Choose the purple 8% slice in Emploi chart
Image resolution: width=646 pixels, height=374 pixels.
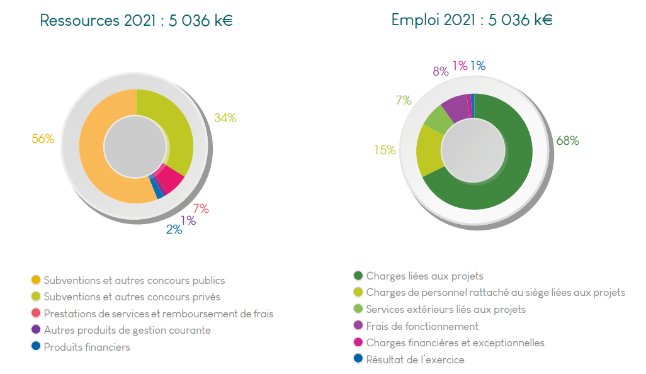tap(455, 107)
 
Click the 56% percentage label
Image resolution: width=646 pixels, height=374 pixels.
tap(43, 139)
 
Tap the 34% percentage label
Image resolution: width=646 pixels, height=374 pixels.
tap(225, 118)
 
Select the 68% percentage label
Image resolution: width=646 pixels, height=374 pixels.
tap(567, 141)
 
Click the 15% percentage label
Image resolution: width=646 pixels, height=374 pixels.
tap(385, 150)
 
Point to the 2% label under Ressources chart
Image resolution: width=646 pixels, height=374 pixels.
tap(174, 230)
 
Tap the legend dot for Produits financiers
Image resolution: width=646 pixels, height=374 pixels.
tap(36, 346)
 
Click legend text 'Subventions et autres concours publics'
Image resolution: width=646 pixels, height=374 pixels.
tap(134, 280)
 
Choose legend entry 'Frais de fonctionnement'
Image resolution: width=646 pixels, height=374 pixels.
tap(422, 326)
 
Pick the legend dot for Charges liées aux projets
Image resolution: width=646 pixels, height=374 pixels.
tap(358, 276)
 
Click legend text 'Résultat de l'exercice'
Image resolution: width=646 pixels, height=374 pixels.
tap(415, 360)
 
